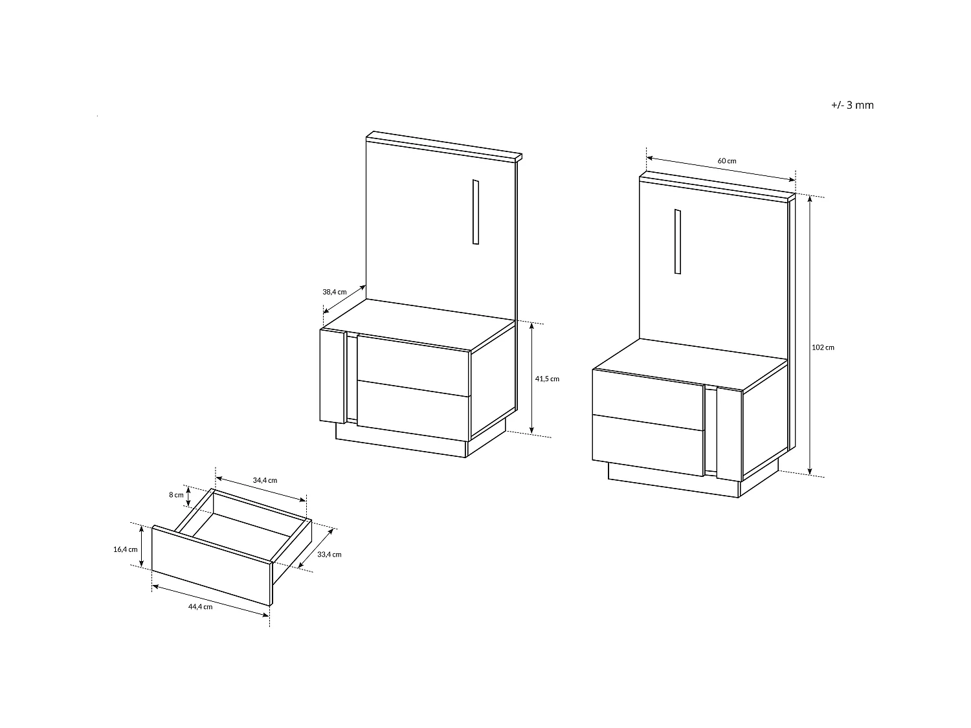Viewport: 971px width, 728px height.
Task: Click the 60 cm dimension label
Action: click(x=727, y=160)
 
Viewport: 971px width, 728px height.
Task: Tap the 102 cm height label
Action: click(x=823, y=347)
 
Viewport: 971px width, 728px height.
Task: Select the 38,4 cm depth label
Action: click(x=335, y=292)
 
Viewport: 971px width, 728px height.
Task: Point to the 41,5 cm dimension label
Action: click(x=547, y=379)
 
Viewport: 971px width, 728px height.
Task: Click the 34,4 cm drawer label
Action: click(x=265, y=480)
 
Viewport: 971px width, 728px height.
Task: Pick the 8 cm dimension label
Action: click(x=176, y=495)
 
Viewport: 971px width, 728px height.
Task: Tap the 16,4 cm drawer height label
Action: click(x=126, y=549)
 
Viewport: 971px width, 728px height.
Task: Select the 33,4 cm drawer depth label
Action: click(x=329, y=555)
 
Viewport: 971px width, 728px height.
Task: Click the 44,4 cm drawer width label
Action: click(x=201, y=606)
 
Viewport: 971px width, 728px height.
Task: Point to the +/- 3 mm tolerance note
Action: click(x=852, y=105)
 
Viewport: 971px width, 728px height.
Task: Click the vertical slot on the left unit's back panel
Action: click(x=476, y=212)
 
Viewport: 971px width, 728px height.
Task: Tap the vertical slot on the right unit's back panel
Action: click(x=678, y=241)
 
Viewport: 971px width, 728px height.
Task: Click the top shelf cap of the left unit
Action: click(x=444, y=146)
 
